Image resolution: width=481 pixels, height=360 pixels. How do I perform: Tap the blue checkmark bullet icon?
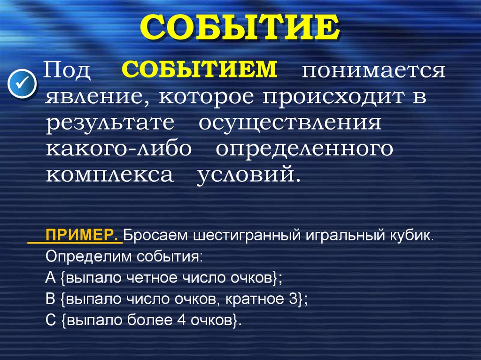tap(23, 83)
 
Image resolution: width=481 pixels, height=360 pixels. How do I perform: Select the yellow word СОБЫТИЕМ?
tap(200, 69)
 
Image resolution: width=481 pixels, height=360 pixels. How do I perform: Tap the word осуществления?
tap(289, 123)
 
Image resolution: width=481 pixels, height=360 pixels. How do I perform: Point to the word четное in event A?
tap(148, 277)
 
